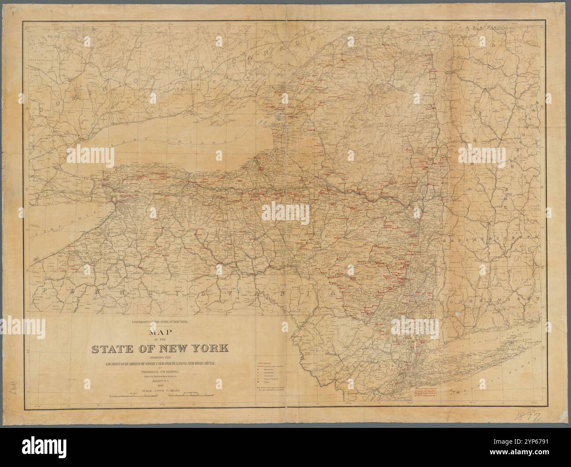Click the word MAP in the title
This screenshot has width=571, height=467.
159,334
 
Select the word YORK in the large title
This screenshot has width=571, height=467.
207,349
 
